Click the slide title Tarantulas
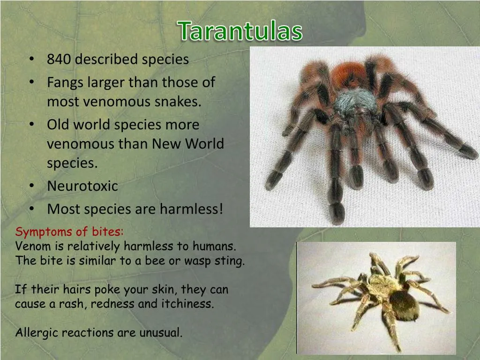tap(240, 31)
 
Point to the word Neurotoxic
tap(82, 186)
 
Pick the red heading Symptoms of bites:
tap(69, 232)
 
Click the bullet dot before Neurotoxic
tap(31, 186)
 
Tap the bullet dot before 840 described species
tap(31, 60)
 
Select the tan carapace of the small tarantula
tap(380, 284)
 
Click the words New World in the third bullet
tap(188, 144)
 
